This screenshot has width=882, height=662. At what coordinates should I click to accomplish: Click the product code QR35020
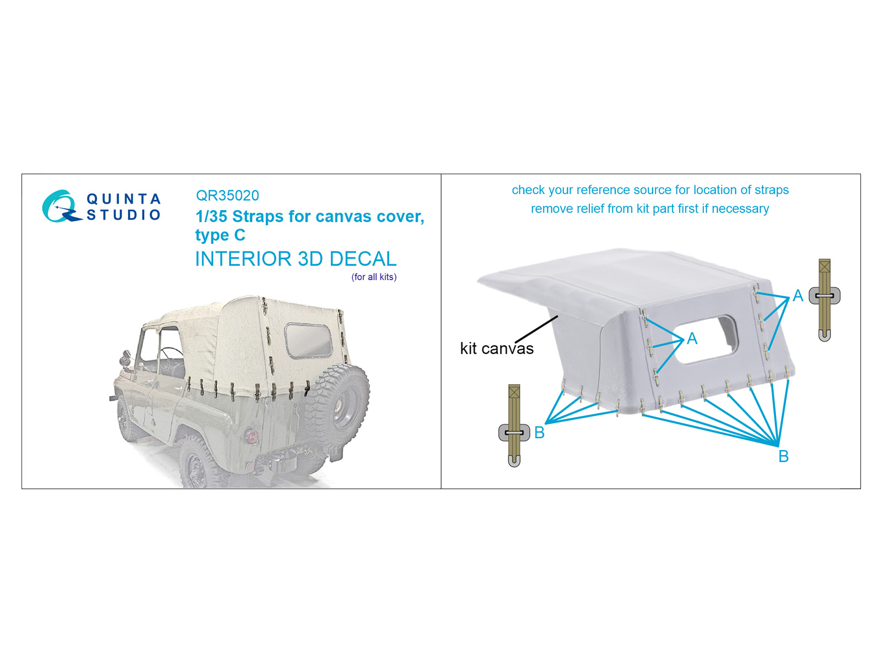(x=228, y=195)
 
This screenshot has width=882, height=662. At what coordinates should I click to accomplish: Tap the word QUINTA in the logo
(x=124, y=199)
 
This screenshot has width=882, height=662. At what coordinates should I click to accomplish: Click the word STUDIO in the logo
(x=124, y=215)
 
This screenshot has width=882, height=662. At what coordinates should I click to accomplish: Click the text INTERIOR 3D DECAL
(x=295, y=259)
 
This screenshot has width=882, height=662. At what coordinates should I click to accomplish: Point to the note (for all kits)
(x=374, y=277)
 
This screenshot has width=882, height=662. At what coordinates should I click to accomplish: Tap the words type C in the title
(x=220, y=235)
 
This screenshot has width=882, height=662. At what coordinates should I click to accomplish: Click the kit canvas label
(x=497, y=349)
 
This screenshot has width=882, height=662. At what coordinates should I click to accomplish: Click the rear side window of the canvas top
(x=308, y=340)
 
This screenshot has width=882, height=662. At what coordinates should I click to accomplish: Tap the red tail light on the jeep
(x=251, y=435)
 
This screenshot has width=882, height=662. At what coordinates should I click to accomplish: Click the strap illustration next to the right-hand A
(x=824, y=300)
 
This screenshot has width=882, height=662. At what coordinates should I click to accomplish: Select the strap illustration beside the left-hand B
(x=514, y=425)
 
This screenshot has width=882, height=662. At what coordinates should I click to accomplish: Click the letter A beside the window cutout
(x=692, y=338)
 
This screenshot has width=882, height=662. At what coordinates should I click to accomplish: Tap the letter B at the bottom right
(x=783, y=456)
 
